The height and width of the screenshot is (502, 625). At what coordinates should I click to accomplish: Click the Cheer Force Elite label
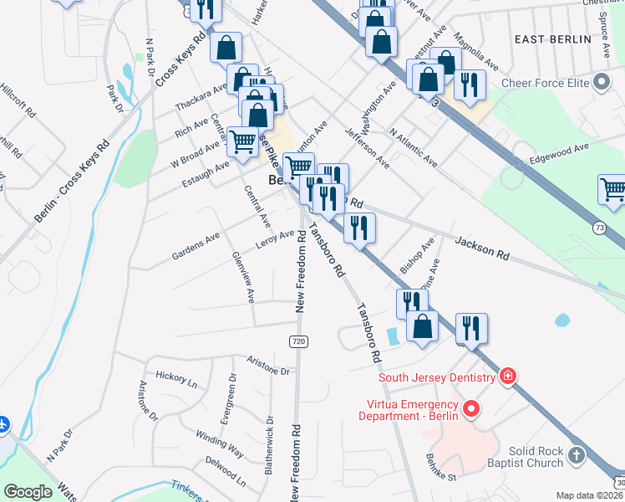[545, 83]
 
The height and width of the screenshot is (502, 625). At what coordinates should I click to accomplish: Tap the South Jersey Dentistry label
[437, 377]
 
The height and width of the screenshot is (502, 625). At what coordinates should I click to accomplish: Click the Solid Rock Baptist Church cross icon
[576, 455]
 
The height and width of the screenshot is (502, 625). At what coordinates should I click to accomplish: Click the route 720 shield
[298, 341]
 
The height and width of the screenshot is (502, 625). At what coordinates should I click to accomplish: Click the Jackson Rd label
[482, 247]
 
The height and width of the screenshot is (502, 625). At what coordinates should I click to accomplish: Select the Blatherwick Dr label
[269, 446]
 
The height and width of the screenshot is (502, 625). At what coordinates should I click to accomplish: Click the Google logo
[28, 491]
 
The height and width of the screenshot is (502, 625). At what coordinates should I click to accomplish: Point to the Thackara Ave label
[201, 97]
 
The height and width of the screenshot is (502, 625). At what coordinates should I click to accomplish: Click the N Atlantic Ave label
[414, 146]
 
